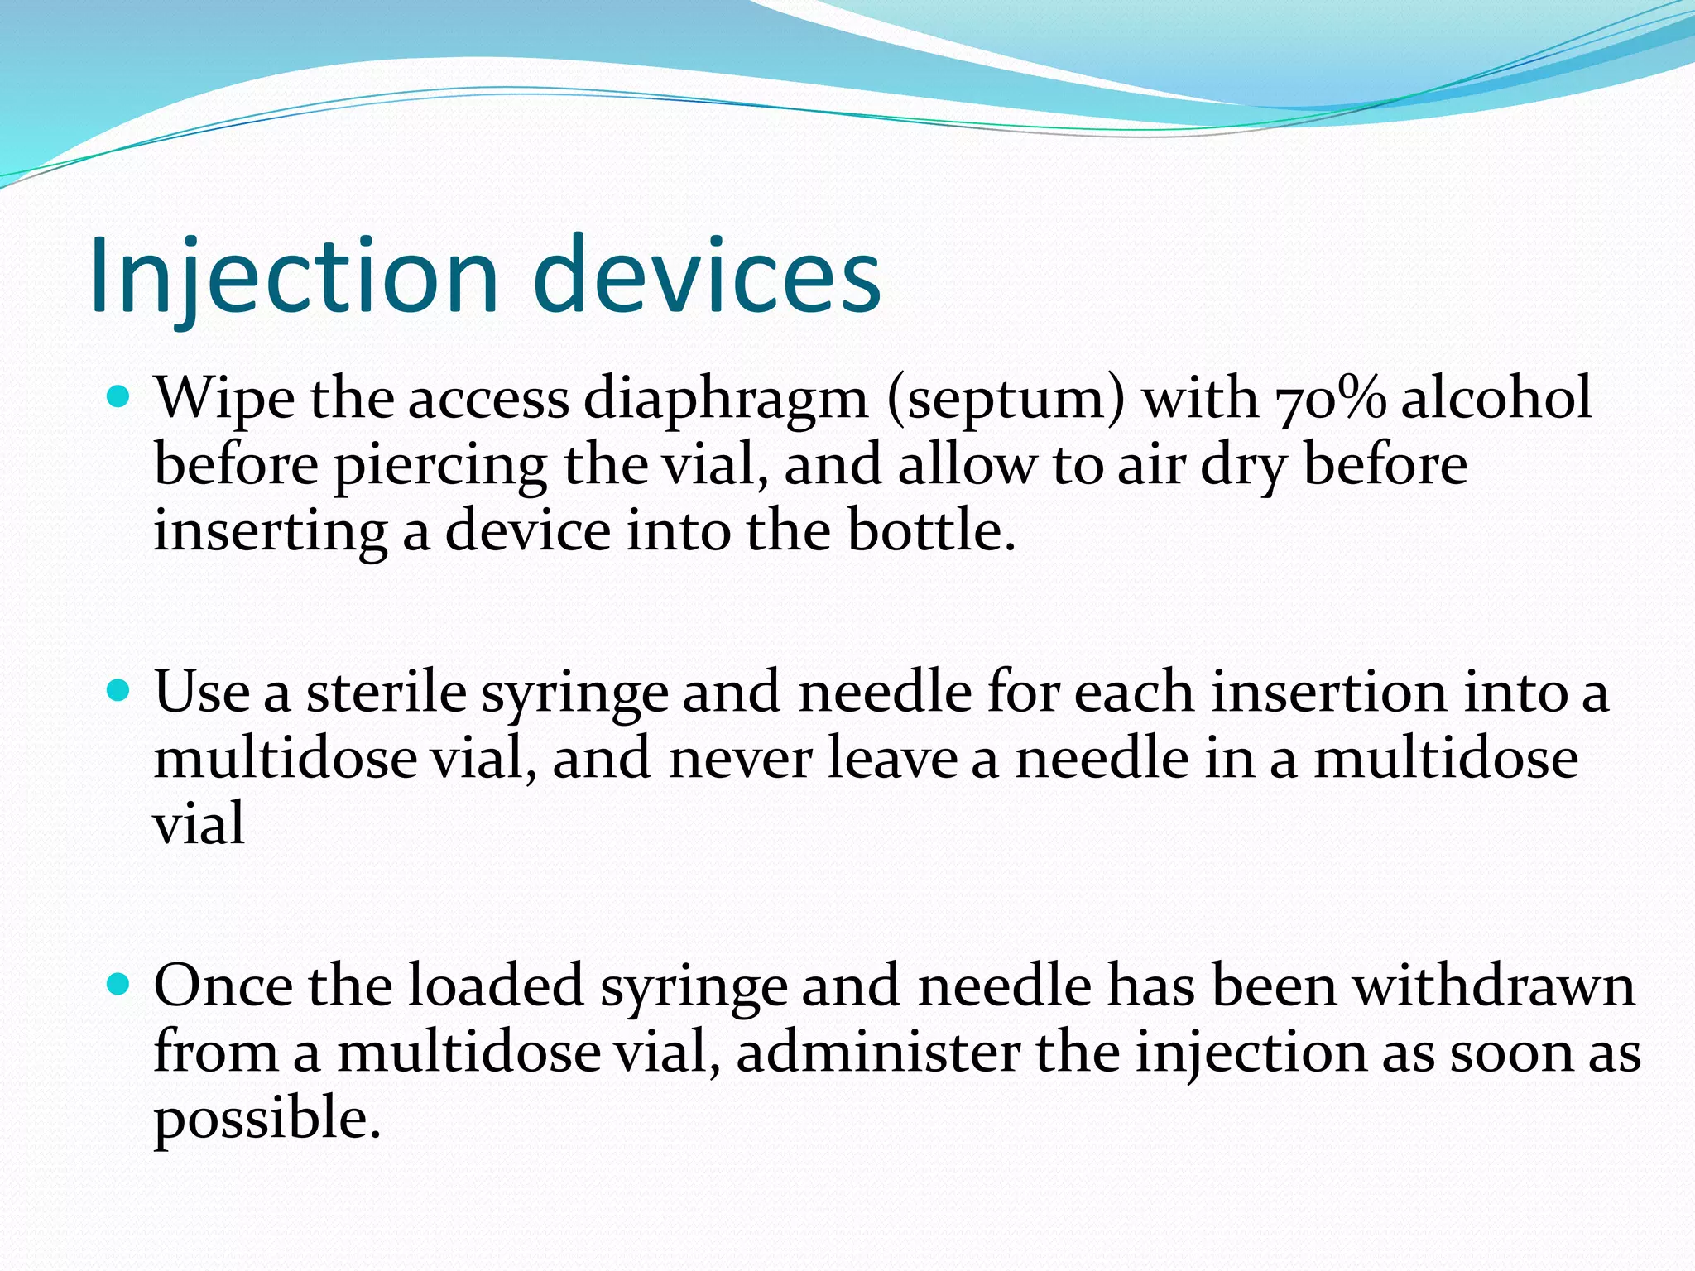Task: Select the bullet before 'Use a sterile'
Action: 119,692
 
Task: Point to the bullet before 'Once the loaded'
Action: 119,985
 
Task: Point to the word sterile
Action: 387,693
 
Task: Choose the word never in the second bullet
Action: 740,760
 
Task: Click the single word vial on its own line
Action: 199,824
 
